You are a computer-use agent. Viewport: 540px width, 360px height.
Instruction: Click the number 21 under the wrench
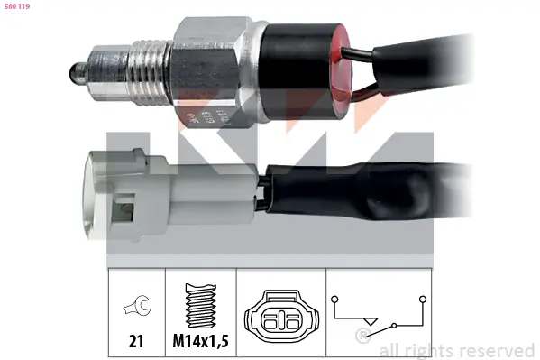pyautogui.click(x=134, y=341)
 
